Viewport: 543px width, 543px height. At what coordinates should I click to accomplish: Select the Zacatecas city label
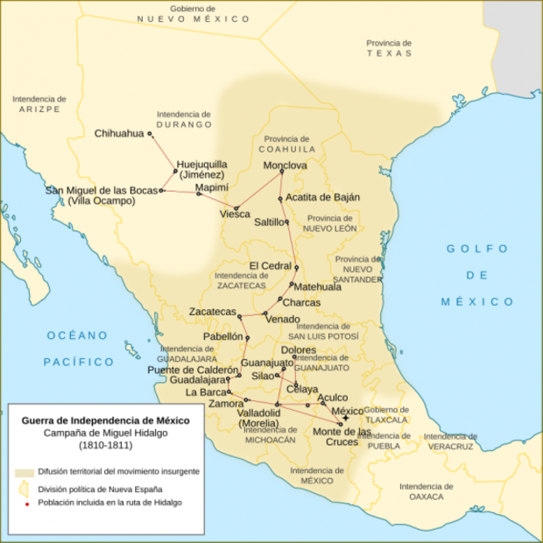click(x=213, y=312)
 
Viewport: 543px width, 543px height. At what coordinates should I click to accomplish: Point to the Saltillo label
click(x=270, y=222)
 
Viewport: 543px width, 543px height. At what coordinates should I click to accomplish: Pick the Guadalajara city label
click(x=198, y=381)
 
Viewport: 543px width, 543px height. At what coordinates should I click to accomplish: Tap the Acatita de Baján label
click(x=323, y=197)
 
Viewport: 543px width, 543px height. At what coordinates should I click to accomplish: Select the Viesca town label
click(x=235, y=214)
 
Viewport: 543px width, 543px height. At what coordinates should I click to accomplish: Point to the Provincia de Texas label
click(x=390, y=47)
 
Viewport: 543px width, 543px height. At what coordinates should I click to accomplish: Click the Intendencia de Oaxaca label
click(x=421, y=491)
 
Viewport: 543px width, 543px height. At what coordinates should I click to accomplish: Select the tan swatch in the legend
click(x=24, y=472)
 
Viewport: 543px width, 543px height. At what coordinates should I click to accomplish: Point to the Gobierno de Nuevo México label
click(x=183, y=12)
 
